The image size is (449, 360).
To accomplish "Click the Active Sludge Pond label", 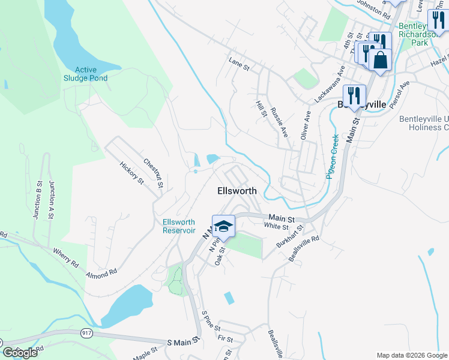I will pos(86,74).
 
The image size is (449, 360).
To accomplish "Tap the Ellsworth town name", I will pos(237,191).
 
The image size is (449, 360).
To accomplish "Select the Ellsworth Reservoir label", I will pos(179,226).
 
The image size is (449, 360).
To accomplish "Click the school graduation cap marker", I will pos(223,226).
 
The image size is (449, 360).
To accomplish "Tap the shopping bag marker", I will pos(380,60).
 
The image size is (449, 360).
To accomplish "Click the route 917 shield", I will pos(86,332).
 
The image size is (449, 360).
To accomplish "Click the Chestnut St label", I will pos(154,173).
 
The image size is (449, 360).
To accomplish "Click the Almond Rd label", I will pos(101,274).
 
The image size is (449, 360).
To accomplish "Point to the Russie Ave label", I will pos(279,122).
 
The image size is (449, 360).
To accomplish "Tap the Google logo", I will pos(20,352).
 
